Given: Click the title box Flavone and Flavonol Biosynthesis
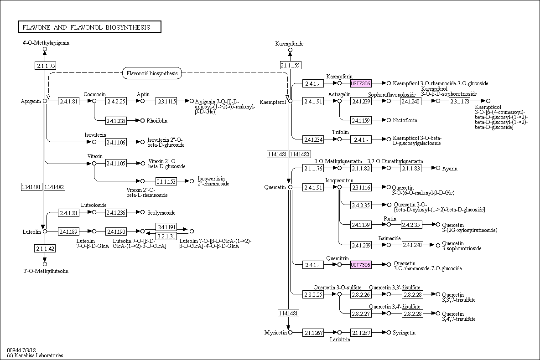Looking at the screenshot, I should pos(89,27).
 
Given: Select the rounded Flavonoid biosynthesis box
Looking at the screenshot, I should pos(152,73).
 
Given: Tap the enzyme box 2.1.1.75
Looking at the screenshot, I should pos(45,66).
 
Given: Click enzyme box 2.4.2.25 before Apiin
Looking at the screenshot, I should pos(116,101).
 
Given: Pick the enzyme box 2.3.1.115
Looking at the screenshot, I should pos(166,101).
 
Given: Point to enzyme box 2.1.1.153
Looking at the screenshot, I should pos(166,181).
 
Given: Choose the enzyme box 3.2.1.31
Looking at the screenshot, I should pos(166,236).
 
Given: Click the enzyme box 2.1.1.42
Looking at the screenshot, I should pos(45,248).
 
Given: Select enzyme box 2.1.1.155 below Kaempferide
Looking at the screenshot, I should pos(290,66).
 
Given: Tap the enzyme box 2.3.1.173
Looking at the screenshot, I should pos(459,101).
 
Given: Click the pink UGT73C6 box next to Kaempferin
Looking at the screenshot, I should pos(361,83).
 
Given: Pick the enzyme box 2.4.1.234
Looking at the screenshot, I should pos(313,139).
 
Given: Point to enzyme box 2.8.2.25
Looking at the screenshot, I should pos(313,294).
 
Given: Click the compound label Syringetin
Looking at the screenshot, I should pos(404,333).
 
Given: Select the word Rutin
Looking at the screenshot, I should pos(390,219).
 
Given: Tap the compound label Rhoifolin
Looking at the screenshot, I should pos(157,121).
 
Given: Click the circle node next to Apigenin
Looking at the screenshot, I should pos(45,101).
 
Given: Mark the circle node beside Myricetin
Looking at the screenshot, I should pos(290,333).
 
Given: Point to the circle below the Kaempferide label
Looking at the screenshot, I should pos(290,50).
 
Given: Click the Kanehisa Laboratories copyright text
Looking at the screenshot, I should pos(35,355).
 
